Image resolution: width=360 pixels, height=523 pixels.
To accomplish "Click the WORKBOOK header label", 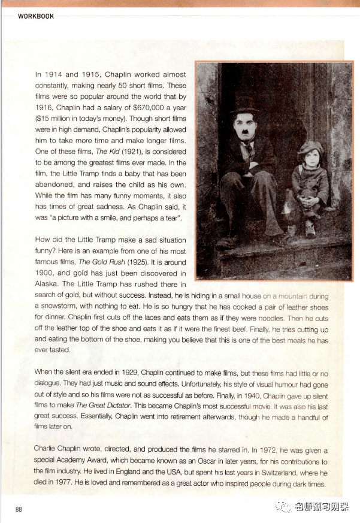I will tap(36, 16).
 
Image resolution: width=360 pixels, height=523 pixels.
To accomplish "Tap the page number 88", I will tap(19, 509).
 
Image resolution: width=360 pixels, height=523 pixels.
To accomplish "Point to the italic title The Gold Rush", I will tap(101, 262).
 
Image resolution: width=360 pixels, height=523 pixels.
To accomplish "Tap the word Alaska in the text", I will tap(47, 284).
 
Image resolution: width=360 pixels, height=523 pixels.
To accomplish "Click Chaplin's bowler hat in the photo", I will tap(245, 106).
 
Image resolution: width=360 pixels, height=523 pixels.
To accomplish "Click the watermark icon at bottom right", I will tap(281, 508).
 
